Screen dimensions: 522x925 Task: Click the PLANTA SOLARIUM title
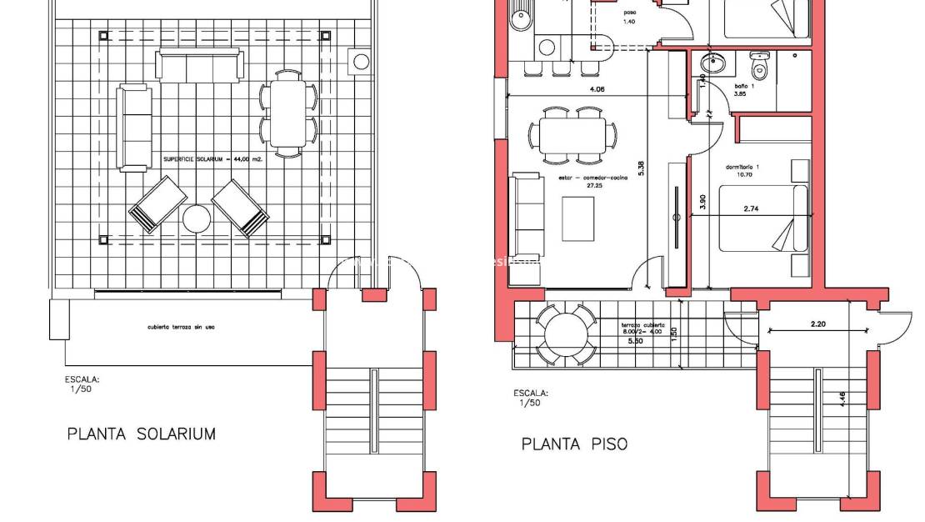(141, 434)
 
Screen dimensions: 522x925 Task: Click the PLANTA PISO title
(574, 444)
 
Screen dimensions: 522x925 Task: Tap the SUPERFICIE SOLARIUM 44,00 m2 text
(212, 158)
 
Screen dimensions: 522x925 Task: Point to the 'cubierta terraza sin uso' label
(182, 327)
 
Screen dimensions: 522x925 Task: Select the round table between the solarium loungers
(197, 219)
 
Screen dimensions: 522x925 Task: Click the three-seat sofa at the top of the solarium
(200, 65)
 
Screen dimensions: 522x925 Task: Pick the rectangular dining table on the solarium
(288, 112)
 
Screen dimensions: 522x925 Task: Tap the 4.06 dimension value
(597, 88)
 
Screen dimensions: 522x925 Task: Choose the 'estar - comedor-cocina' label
(569, 179)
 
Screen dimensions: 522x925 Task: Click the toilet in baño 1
(760, 63)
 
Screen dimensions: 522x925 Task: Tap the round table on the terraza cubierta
(565, 335)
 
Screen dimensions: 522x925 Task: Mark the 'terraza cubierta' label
(642, 324)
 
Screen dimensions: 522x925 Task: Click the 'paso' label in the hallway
(630, 13)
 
